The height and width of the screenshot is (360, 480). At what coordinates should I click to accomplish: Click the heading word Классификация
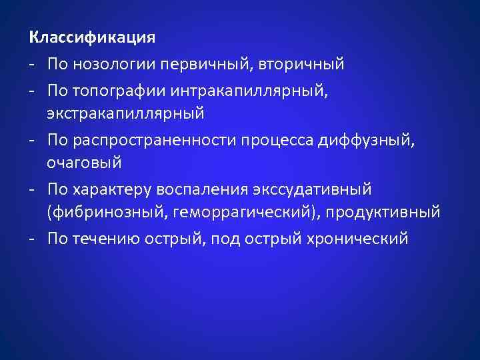pos(93,37)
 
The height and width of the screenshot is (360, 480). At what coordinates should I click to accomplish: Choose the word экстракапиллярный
pos(125,113)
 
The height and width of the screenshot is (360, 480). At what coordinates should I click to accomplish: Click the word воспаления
pos(201,189)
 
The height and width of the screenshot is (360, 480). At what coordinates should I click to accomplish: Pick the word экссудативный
pos(313,189)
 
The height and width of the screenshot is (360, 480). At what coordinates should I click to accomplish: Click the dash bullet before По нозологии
pos(32,65)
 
